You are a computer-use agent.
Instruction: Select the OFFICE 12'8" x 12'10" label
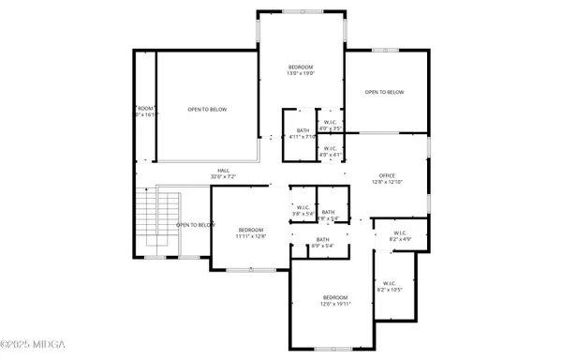click(387, 178)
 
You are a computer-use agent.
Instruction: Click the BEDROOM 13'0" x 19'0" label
click(301, 69)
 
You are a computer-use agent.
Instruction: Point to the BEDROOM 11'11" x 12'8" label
click(251, 233)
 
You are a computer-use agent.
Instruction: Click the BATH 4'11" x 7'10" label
click(303, 133)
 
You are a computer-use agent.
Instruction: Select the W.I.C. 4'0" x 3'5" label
click(331, 125)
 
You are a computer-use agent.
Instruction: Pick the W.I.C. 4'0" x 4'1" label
click(331, 152)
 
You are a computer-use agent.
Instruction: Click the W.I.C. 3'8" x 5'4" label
click(302, 211)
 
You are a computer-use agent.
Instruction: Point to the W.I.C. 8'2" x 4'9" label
click(400, 237)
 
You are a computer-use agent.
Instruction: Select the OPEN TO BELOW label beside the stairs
click(196, 225)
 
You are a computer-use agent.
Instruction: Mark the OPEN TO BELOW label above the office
click(384, 92)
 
